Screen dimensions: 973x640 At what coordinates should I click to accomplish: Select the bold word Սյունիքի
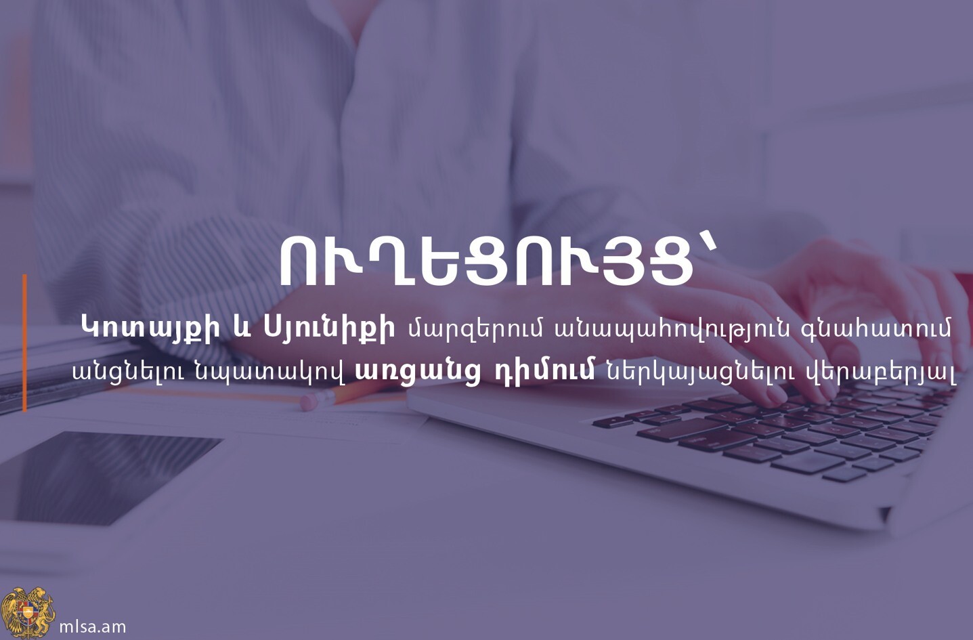[x=329, y=328]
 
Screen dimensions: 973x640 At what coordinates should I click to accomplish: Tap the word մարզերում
[x=476, y=329]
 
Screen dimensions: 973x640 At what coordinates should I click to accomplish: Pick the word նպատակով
[x=271, y=373]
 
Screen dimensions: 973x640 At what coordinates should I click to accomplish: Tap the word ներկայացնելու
[x=701, y=373]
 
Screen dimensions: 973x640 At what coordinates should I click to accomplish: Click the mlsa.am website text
[x=93, y=627]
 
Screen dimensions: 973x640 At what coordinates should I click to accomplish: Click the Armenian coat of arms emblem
[x=28, y=613]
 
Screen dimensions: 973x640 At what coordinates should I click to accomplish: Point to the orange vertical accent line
[x=25, y=343]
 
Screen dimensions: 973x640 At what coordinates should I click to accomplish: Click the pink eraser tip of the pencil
[x=307, y=403]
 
